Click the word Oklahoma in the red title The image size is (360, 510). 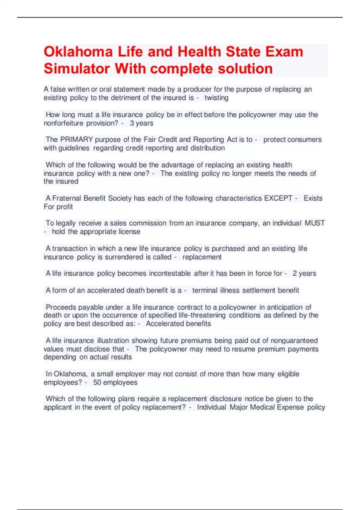78,52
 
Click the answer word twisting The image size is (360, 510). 216,98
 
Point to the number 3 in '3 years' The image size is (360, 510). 132,123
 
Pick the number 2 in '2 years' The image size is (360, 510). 295,273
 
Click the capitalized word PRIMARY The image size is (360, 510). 76,139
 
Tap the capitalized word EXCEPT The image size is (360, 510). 278,198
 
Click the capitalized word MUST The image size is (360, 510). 315,223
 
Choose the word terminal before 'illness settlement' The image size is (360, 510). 205,290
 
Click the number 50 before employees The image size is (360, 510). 97,382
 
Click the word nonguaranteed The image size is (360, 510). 294,340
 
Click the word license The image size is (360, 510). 129,232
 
